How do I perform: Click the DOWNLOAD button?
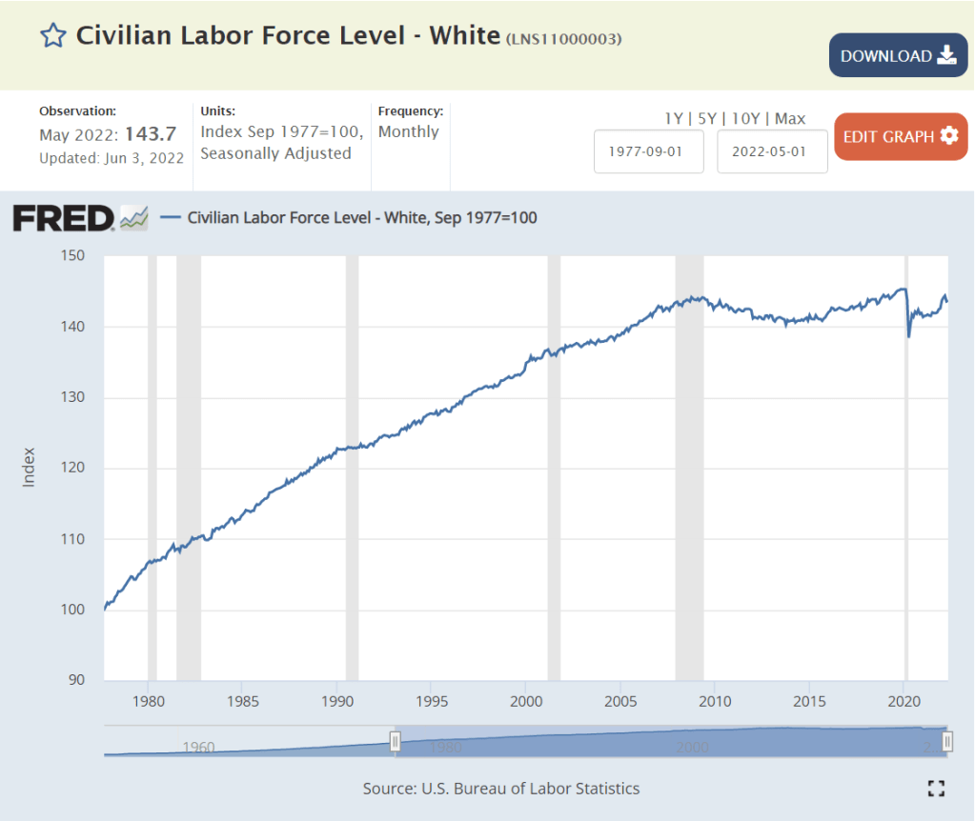898,55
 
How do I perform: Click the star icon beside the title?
52,36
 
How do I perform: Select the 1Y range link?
673,119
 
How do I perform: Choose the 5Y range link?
707,119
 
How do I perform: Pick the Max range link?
790,119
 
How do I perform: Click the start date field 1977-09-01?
649,151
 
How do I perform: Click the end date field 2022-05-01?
772,151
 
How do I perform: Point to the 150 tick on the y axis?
73,255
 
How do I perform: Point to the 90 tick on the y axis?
76,680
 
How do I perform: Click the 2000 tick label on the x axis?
526,702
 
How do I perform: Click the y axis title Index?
29,467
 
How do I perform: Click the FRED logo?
63,218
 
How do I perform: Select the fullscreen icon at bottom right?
936,788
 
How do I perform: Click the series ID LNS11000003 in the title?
564,39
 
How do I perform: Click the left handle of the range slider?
395,742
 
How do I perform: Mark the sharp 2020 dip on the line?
909,335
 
